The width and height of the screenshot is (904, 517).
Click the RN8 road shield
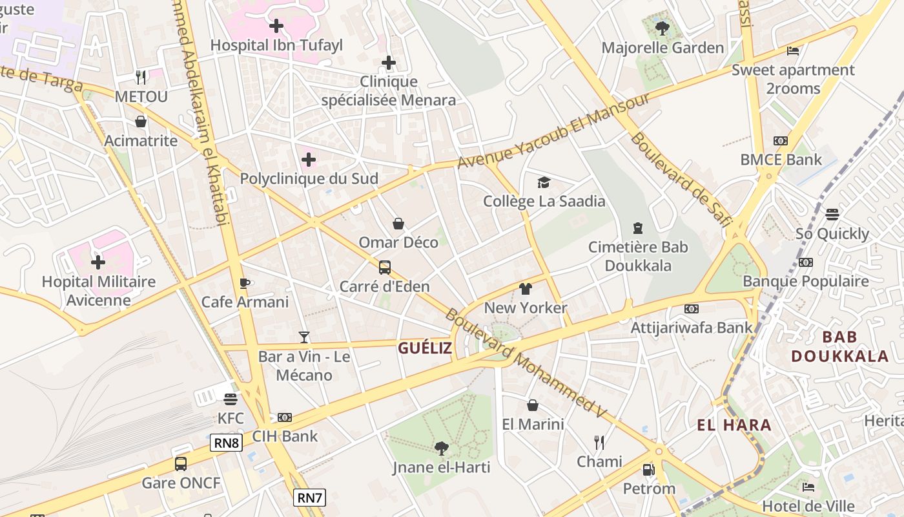[226, 443]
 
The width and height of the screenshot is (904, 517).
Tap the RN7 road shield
[309, 498]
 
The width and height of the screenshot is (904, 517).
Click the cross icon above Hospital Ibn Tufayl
[276, 26]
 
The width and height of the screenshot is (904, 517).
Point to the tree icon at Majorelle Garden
[662, 28]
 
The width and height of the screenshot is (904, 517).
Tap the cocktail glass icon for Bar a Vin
[304, 337]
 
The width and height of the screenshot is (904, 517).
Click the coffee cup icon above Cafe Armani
[245, 283]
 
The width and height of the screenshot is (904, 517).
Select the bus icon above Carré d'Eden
[385, 267]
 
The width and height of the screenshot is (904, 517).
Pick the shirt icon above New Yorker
[526, 289]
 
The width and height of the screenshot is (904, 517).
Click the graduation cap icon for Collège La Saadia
[544, 183]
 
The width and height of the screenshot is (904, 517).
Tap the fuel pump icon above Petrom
[648, 470]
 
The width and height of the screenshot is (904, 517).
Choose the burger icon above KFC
[231, 399]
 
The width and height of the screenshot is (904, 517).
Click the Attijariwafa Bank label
[692, 328]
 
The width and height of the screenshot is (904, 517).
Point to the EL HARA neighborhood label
[734, 425]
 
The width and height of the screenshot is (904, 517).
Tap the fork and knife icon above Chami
[599, 443]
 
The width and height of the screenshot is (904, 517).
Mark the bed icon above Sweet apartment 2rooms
[793, 51]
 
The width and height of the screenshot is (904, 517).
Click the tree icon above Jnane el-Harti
[442, 448]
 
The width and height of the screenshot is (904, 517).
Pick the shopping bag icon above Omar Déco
[398, 224]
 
